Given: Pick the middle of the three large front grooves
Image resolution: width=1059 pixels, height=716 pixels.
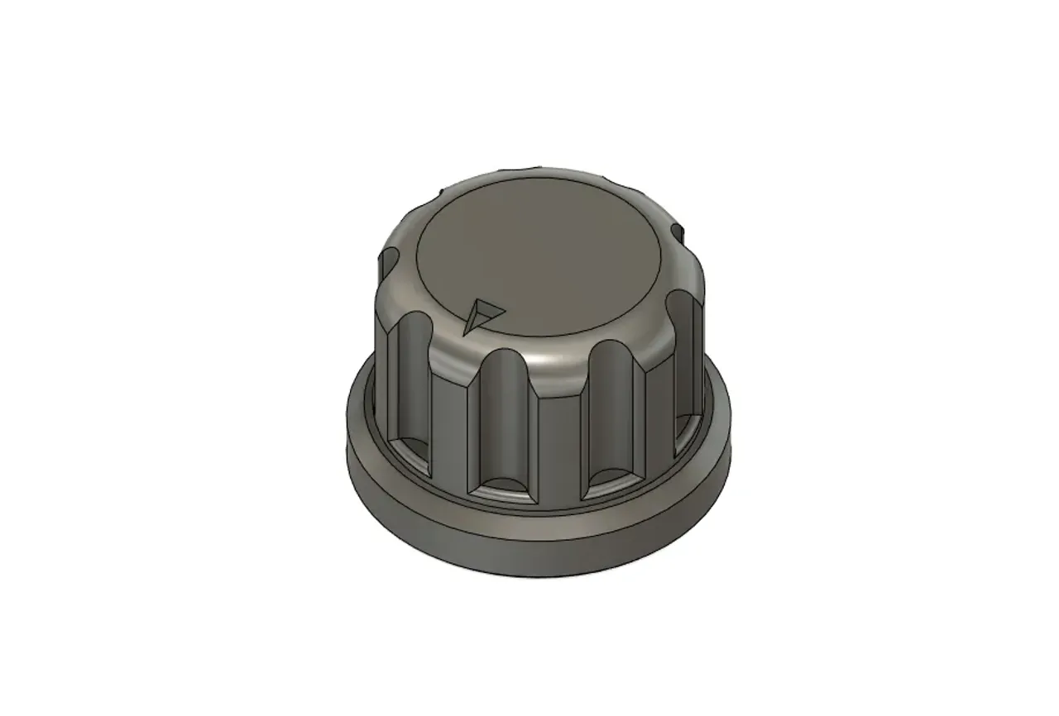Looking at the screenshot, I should click(x=504, y=422).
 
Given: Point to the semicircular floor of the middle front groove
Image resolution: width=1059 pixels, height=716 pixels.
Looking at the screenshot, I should click(x=505, y=488).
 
